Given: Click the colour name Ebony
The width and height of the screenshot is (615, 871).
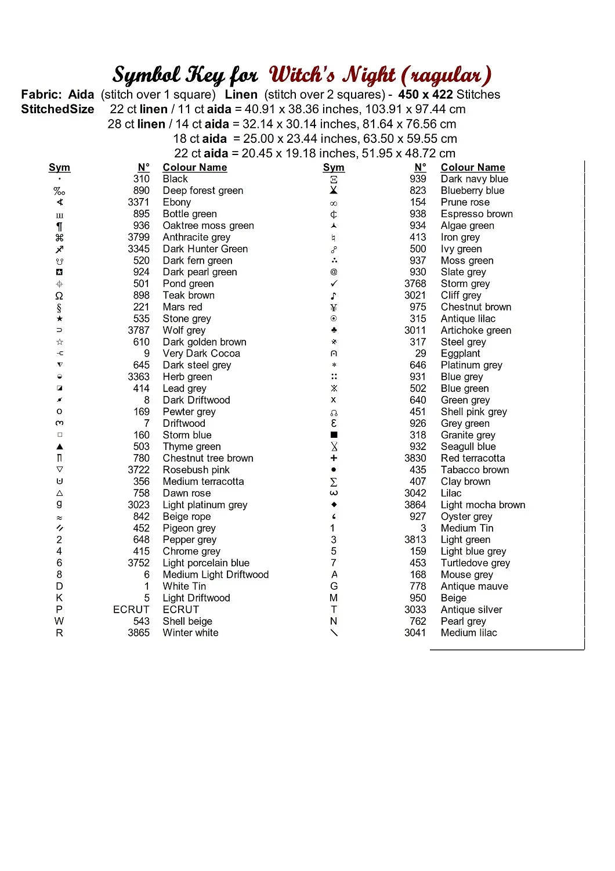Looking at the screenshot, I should (x=176, y=202).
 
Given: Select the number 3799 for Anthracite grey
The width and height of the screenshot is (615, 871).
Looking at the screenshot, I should (x=139, y=237).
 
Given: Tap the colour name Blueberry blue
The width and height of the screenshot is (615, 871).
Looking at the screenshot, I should (x=472, y=190).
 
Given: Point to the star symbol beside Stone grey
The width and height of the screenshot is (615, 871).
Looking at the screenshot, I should (x=59, y=319).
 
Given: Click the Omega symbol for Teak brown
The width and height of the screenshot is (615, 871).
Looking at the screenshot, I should (x=59, y=296).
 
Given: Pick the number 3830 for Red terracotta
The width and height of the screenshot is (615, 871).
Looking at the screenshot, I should (x=415, y=458).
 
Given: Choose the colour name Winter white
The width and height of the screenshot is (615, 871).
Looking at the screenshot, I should (x=190, y=632).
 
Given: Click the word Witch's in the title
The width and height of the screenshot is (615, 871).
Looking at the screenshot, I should (x=302, y=75).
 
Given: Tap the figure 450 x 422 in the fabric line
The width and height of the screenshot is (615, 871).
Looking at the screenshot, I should (x=426, y=95).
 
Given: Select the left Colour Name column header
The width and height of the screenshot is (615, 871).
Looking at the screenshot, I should (x=194, y=167).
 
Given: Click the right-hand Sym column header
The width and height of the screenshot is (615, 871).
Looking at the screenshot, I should (x=334, y=167).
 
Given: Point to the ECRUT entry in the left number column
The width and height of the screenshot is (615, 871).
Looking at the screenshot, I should (x=131, y=609).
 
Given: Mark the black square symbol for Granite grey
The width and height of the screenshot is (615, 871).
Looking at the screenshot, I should (x=334, y=435).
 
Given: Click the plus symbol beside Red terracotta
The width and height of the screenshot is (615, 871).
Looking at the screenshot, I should (x=334, y=458).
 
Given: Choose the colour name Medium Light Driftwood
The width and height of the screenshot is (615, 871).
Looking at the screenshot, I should (x=215, y=574).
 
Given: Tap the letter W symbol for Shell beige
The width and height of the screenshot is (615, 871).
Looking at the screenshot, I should (x=59, y=621).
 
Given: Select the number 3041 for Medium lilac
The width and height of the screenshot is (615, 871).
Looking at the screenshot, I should (x=415, y=632).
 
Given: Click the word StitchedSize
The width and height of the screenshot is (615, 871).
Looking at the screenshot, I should (x=57, y=109).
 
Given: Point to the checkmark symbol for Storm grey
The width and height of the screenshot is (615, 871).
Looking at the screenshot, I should (x=334, y=283).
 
